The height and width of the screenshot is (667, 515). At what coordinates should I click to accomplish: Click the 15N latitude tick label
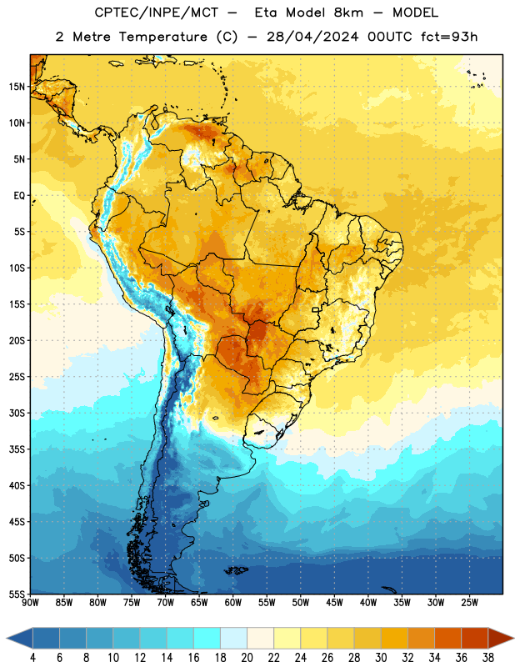click(x=17, y=87)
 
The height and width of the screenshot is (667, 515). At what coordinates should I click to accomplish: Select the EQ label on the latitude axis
click(x=19, y=196)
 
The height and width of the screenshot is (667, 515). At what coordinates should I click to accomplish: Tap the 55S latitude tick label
click(x=17, y=594)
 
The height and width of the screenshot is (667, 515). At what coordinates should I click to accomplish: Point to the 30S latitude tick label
click(x=17, y=413)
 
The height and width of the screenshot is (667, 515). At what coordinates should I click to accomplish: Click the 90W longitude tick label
click(x=30, y=603)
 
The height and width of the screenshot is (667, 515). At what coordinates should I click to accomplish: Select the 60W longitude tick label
click(x=233, y=603)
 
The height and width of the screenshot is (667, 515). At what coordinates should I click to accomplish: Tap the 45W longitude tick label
click(x=335, y=603)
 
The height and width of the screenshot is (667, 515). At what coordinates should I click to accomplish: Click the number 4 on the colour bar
click(x=32, y=658)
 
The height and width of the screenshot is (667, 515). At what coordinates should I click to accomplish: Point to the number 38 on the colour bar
click(x=488, y=658)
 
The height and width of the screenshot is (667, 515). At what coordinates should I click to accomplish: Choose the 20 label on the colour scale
click(x=247, y=658)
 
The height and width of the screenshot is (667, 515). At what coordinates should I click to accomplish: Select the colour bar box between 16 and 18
click(x=207, y=638)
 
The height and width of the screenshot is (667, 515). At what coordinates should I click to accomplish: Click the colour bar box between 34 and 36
click(x=447, y=638)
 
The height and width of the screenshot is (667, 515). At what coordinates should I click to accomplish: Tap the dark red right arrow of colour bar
click(x=500, y=638)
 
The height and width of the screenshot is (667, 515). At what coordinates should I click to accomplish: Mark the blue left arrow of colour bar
click(x=20, y=638)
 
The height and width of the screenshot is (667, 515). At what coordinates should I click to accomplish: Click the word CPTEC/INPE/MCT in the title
click(x=156, y=13)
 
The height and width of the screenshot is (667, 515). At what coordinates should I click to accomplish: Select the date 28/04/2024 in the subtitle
click(x=312, y=37)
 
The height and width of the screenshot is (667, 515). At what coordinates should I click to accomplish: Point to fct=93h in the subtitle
click(x=449, y=37)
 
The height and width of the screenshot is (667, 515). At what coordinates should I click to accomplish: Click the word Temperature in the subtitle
click(x=162, y=38)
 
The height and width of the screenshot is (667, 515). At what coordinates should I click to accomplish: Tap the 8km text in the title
click(x=348, y=13)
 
